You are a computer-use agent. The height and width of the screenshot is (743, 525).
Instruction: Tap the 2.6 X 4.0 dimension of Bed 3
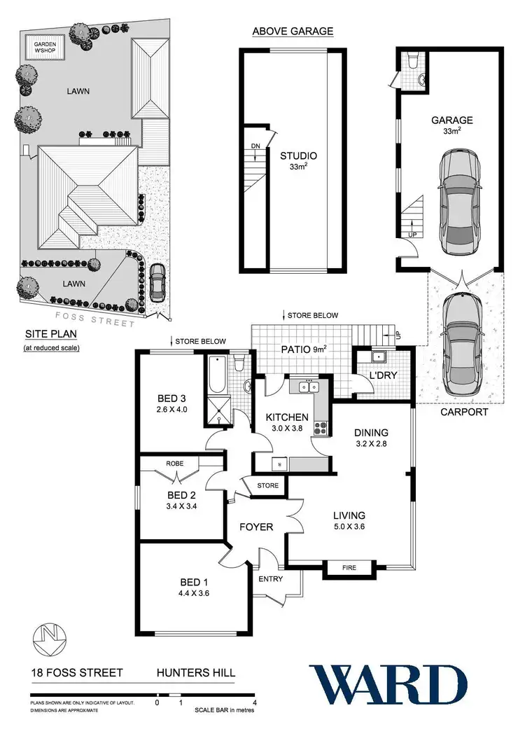point(171,412)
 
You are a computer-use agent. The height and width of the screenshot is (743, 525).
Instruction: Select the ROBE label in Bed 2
point(174,464)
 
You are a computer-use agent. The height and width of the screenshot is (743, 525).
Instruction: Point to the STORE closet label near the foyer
point(267,485)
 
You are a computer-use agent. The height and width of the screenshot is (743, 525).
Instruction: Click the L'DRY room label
point(382,375)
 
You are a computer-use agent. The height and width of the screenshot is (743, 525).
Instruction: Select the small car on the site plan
point(157,281)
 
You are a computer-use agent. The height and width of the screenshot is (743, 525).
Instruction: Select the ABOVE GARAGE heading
point(292,31)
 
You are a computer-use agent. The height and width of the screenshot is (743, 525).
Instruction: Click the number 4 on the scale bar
point(255,702)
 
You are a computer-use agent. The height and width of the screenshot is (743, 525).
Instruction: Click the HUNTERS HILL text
point(195,673)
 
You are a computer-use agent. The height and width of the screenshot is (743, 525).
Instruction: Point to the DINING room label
point(370,433)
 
